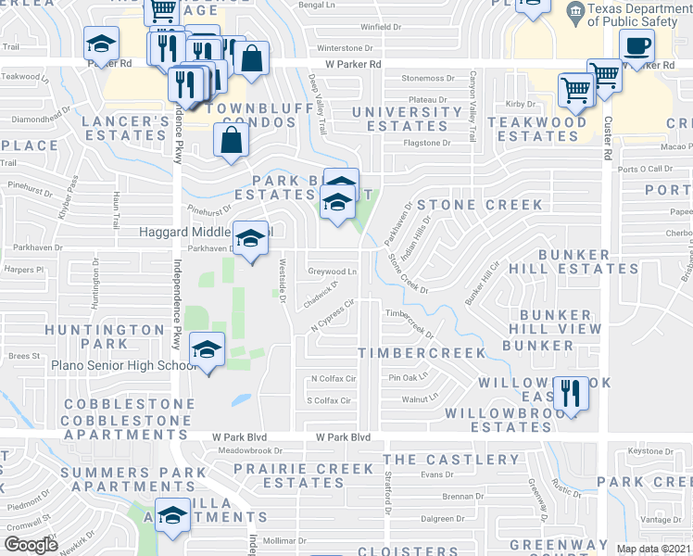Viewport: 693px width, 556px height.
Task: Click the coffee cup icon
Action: pos(636,46)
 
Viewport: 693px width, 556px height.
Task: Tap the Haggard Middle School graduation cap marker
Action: pos(249,239)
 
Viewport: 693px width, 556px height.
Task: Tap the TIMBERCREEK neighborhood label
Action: pos(422,353)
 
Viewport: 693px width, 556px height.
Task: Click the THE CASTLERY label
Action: pos(451,460)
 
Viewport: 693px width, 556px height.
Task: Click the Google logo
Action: pos(31,544)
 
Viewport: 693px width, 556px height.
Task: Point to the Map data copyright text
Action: pos(653,549)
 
